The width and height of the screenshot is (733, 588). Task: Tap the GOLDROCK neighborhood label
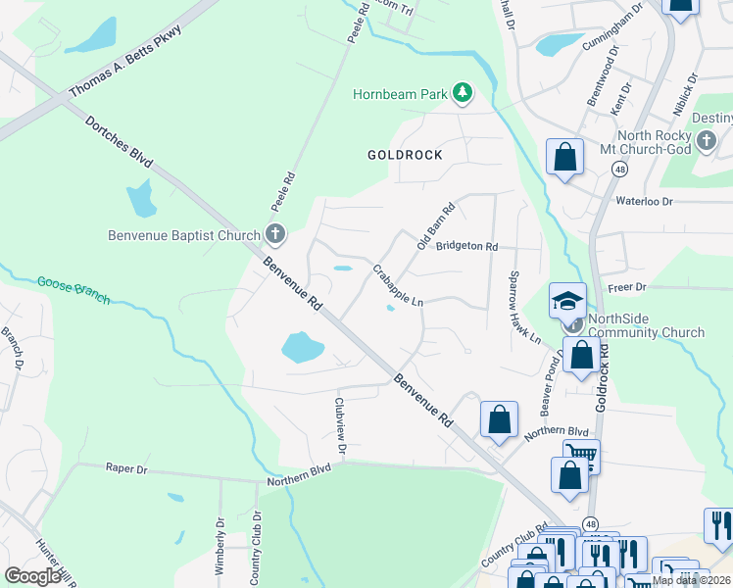point(405,155)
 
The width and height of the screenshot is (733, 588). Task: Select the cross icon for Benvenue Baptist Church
point(275,234)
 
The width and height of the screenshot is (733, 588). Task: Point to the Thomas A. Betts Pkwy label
point(126,62)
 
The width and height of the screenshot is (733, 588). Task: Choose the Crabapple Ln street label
point(397,284)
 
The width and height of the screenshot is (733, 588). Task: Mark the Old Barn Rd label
point(436,225)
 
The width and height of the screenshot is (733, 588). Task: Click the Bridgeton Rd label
point(467,247)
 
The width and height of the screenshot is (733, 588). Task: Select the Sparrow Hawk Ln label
point(522,307)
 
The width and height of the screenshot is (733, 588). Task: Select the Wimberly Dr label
point(220,544)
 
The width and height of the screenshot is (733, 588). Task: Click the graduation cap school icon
point(567,302)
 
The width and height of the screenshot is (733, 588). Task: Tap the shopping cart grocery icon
point(581,454)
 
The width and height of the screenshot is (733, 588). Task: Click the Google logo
point(33,575)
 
